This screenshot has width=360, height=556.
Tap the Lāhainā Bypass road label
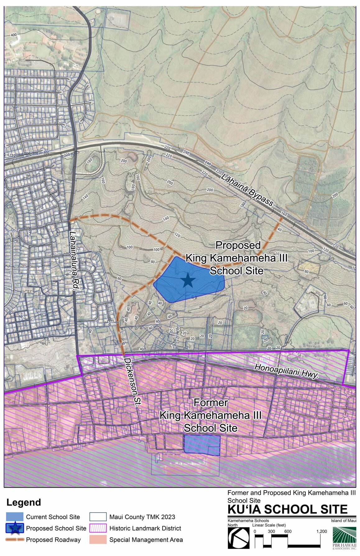(247, 190)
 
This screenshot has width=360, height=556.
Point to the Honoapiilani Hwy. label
(286, 371)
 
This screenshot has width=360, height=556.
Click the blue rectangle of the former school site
(202, 445)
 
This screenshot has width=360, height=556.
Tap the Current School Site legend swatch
(15, 517)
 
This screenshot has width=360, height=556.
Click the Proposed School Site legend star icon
(15, 528)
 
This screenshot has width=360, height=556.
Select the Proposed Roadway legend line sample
(15, 540)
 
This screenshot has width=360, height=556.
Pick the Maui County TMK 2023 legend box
(98, 517)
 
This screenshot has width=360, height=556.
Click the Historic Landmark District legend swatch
(98, 528)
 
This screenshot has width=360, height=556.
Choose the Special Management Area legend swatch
(98, 540)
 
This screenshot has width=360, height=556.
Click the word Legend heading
(24, 503)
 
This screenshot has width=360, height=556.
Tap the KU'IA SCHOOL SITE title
(288, 509)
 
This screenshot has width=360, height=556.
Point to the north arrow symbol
(238, 538)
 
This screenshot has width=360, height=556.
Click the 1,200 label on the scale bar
(322, 531)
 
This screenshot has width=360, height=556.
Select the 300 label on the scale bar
(271, 531)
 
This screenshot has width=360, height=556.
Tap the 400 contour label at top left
(13, 35)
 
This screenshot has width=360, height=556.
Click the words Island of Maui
(344, 521)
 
